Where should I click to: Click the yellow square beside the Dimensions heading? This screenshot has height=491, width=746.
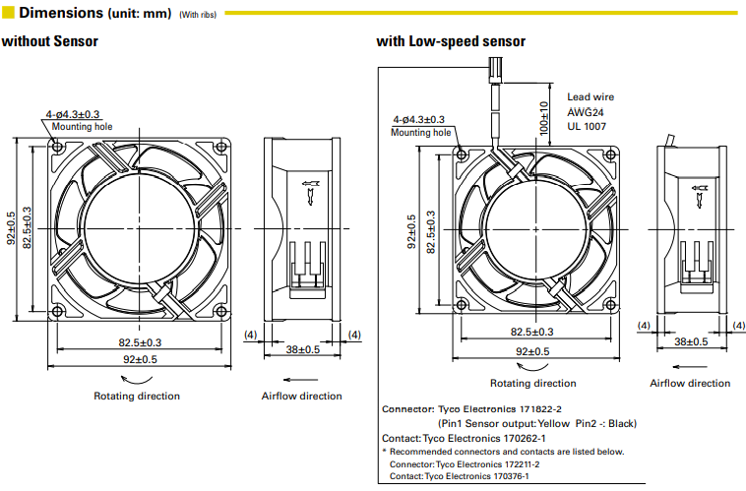click(8, 13)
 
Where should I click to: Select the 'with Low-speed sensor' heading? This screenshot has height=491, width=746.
click(451, 42)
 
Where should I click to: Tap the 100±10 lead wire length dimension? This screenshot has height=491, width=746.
click(542, 117)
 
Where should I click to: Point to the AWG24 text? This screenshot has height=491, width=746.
click(585, 112)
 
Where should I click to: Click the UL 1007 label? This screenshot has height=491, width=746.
click(587, 126)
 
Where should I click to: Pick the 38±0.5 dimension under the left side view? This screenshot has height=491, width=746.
click(303, 349)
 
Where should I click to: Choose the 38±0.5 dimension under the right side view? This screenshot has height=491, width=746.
click(692, 340)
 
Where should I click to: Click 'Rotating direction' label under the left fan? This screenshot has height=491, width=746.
click(137, 396)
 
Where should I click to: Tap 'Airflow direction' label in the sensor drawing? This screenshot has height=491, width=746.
click(690, 383)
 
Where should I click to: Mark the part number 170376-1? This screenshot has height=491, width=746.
click(515, 476)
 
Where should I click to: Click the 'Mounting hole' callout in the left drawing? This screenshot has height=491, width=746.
click(82, 127)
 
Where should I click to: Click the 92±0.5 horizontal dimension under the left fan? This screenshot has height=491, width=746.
click(141, 360)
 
